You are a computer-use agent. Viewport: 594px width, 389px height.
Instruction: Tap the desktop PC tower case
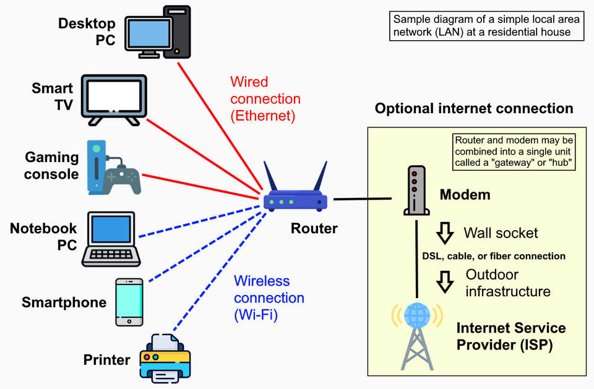point(176,32)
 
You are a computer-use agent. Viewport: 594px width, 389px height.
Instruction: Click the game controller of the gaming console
point(121,178)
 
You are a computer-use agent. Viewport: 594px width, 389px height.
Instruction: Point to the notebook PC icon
point(112,237)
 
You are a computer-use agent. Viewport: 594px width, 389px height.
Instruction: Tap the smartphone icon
point(129,301)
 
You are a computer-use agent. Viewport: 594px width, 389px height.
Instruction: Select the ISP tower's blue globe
point(416,316)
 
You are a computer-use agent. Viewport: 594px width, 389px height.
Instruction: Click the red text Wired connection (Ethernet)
point(265,98)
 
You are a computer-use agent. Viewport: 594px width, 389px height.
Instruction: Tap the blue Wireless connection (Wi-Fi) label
point(269,298)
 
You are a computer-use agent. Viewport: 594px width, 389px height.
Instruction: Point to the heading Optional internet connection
point(474,109)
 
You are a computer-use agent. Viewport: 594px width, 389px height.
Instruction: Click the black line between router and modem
point(363,199)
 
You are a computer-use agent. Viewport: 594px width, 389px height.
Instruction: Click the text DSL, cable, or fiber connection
point(494,256)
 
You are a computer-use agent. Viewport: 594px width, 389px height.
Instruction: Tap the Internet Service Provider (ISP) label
point(511,336)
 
